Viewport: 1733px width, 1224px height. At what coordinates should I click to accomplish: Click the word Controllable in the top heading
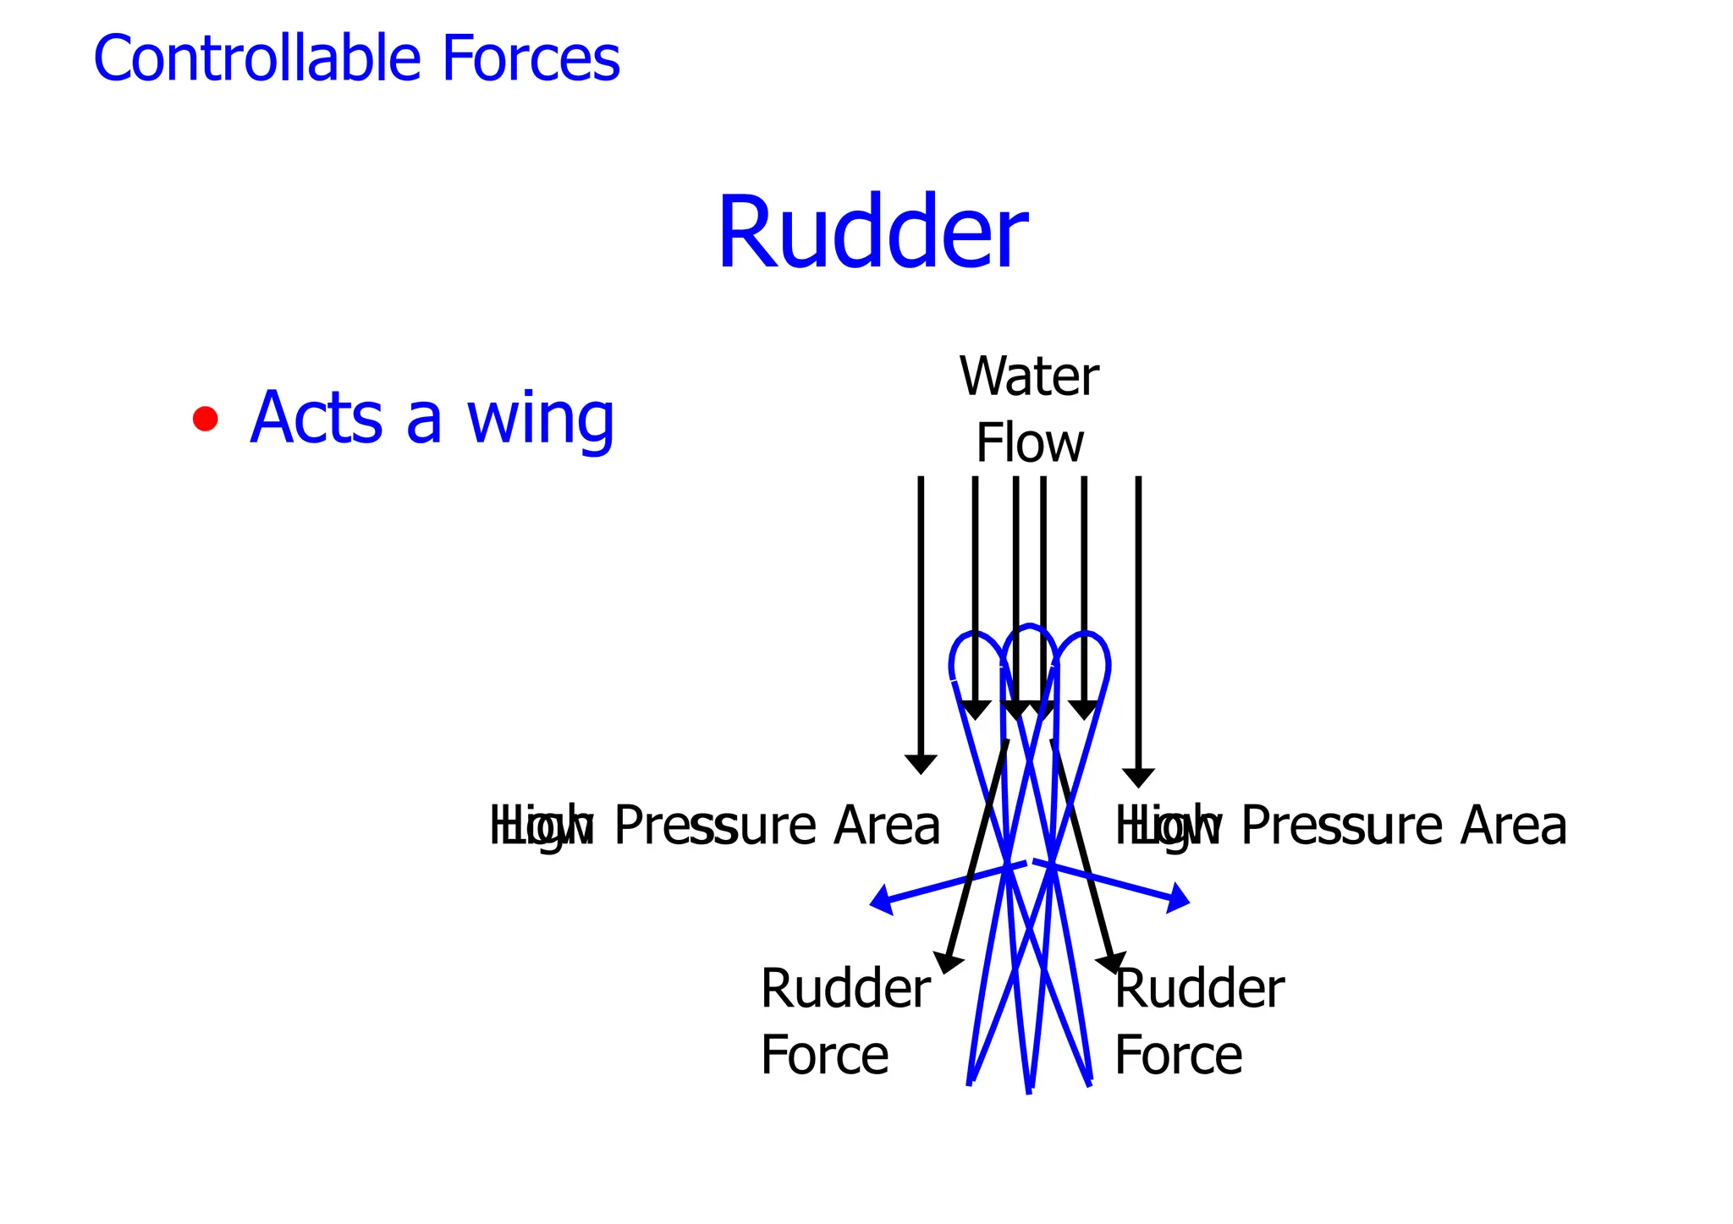(x=256, y=58)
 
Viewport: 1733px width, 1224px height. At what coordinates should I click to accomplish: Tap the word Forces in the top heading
(x=531, y=58)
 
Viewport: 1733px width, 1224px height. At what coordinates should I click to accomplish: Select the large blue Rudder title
(x=872, y=233)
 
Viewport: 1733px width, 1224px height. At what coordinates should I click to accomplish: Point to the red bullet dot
(x=205, y=419)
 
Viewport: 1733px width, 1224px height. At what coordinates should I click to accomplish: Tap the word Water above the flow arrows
(x=1029, y=377)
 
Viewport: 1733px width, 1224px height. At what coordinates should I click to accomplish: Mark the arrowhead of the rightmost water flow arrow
(x=1138, y=777)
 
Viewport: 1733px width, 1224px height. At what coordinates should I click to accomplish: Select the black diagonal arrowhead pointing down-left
(x=947, y=963)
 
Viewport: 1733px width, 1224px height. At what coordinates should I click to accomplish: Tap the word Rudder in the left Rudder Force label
(x=845, y=989)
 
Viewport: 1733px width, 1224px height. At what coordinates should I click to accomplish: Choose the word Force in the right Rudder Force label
(x=1178, y=1056)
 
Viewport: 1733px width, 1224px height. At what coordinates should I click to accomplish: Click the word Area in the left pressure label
(x=886, y=826)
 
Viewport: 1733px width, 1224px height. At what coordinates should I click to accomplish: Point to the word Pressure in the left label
(x=715, y=826)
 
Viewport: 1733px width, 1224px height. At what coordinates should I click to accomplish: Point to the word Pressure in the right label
(x=1341, y=826)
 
